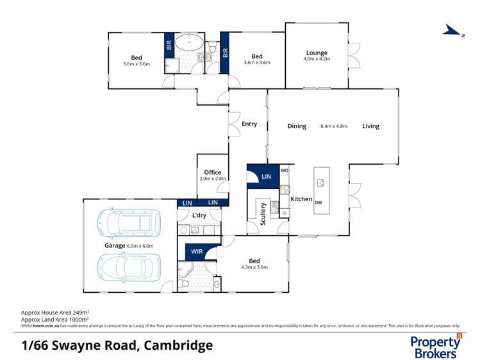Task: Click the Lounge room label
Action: click(317, 53)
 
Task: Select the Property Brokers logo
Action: click(435, 346)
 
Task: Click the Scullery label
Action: click(263, 213)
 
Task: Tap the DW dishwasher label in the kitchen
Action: click(318, 203)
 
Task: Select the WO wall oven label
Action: click(284, 170)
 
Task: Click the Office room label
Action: click(213, 172)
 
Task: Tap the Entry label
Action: click(249, 124)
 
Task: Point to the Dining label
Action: click(297, 126)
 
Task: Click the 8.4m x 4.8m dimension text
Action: click(333, 126)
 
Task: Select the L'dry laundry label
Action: click(199, 215)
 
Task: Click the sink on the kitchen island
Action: click(321, 183)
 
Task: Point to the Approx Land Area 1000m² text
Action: click(55, 319)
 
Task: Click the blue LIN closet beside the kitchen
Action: click(264, 176)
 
